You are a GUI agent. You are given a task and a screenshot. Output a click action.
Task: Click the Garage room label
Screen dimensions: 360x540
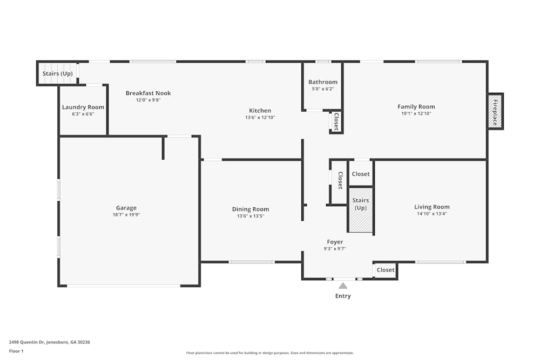tap(126, 208)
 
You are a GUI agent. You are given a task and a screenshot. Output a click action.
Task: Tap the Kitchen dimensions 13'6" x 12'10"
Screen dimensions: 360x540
tap(260, 117)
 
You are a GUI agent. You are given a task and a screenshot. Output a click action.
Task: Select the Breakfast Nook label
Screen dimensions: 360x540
tap(148, 93)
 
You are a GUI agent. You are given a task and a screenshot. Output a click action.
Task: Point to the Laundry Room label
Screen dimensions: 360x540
tap(83, 107)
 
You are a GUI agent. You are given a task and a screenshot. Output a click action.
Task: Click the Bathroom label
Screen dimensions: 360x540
tap(323, 82)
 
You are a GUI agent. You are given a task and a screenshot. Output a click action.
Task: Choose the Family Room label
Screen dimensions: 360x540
tap(416, 106)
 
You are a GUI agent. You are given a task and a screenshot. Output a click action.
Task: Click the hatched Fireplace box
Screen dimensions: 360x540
tap(494, 112)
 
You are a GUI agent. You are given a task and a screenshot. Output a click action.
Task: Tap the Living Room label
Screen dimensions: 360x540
tap(431, 207)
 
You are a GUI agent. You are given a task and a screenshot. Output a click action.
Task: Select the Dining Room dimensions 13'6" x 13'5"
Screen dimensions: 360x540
tap(250, 216)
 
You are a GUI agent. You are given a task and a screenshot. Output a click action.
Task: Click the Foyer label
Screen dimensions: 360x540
tap(335, 242)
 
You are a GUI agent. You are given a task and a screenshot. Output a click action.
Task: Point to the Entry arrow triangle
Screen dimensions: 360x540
tap(343, 285)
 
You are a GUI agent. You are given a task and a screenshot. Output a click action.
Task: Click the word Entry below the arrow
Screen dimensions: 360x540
tap(343, 296)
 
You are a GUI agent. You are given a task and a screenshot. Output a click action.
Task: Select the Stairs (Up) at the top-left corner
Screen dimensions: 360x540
tap(57, 73)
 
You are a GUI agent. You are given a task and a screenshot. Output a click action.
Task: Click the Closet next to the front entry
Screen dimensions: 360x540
tap(386, 270)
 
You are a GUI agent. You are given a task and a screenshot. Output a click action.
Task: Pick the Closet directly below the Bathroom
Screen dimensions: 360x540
tap(336, 121)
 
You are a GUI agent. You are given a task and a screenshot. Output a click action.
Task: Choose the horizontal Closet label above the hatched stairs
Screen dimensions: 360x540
tap(361, 174)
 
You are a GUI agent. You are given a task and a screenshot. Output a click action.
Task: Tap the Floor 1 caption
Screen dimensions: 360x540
tap(16, 351)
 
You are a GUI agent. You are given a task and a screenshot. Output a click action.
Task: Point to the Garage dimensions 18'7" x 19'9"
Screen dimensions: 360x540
tap(126, 214)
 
